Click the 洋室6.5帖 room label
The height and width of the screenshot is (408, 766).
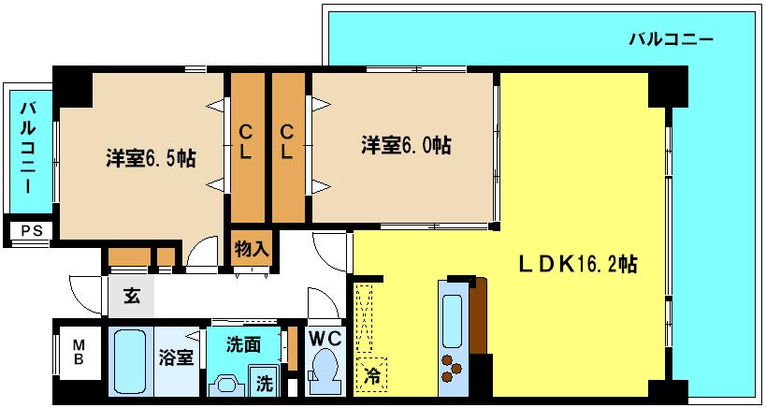click(x=150, y=158)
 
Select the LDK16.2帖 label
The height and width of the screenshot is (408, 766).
click(x=579, y=265)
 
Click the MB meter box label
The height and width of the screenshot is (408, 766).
click(x=79, y=351)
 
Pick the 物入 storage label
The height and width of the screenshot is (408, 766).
click(x=252, y=249)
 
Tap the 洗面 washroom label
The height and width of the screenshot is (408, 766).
click(x=242, y=343)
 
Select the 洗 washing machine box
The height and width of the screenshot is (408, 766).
click(x=266, y=383)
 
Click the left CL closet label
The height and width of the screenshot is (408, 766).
click(x=245, y=140)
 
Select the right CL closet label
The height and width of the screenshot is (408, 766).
click(x=288, y=140)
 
